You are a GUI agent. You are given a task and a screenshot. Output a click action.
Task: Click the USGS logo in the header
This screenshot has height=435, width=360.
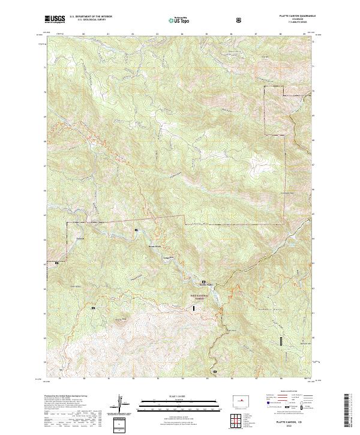(x=56, y=19)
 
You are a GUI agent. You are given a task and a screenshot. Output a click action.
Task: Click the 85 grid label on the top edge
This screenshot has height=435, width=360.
(x=206, y=35)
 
